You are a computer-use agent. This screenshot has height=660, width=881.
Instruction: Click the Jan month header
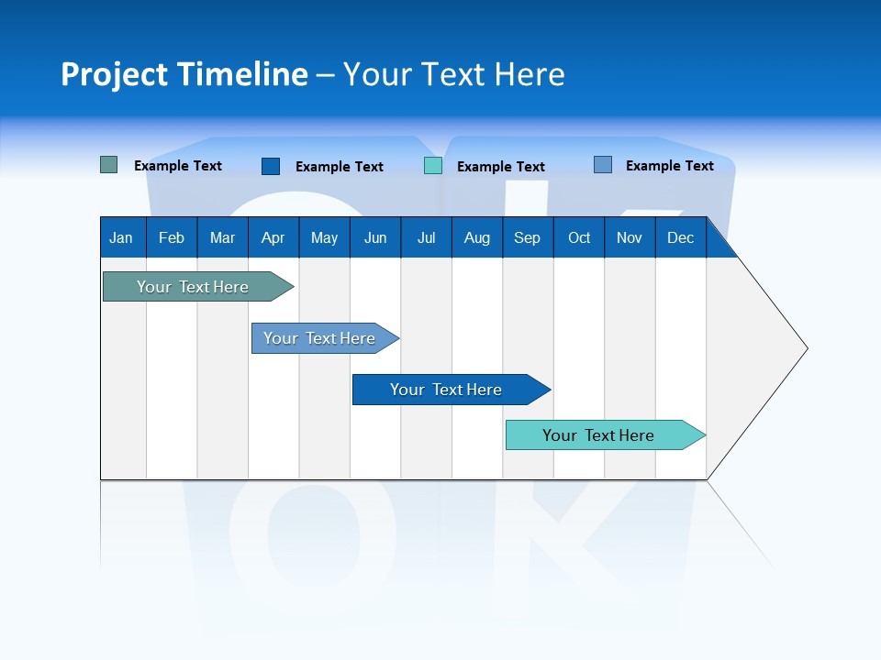(x=121, y=238)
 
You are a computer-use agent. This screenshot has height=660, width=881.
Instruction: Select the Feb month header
(x=172, y=238)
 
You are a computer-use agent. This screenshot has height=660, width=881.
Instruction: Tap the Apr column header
(x=273, y=238)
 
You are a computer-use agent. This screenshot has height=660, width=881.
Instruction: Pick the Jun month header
(x=375, y=238)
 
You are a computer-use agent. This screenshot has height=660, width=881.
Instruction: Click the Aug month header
(x=476, y=238)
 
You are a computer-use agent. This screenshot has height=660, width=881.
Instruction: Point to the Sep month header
(x=527, y=238)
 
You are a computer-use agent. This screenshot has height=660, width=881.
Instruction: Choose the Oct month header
(x=579, y=238)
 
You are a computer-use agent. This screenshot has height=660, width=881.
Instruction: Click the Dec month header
(x=681, y=238)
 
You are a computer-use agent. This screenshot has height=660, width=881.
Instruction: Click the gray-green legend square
(x=109, y=165)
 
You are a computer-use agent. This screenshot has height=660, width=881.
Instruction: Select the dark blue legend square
(x=271, y=166)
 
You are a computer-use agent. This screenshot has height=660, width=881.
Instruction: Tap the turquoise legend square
(x=433, y=166)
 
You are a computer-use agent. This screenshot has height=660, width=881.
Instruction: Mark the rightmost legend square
(x=603, y=165)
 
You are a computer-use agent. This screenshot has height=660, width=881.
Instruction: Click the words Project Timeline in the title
(x=184, y=74)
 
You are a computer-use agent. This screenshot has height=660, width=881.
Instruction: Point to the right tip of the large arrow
(x=806, y=348)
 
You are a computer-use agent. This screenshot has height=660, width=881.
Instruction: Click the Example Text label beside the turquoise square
(x=501, y=167)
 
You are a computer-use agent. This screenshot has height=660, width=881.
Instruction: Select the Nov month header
(x=630, y=238)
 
